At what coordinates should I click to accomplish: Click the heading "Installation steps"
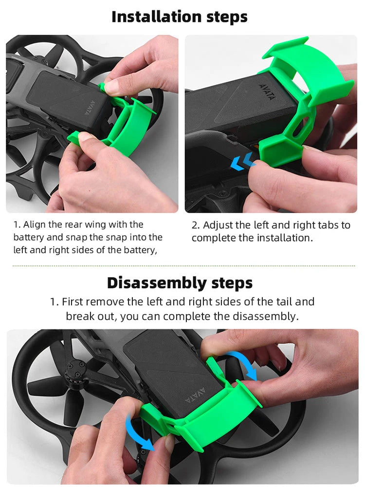point(180,17)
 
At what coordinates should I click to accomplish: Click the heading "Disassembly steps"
point(180,283)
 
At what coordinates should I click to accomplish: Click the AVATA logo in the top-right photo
point(267,92)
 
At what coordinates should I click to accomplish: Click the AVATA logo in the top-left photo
point(90,108)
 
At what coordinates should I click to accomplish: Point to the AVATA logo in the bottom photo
point(195,395)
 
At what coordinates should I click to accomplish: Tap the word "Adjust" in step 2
point(218,225)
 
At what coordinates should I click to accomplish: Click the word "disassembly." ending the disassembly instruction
point(266,316)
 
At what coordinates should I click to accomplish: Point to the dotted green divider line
point(184,266)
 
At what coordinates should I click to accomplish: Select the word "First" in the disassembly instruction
point(72,301)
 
